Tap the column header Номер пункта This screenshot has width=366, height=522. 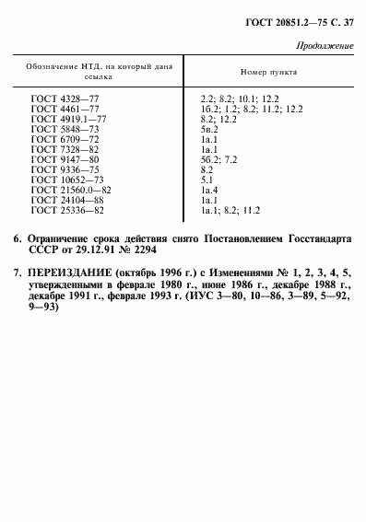(x=265, y=71)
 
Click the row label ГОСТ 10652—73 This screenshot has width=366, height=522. (x=65, y=180)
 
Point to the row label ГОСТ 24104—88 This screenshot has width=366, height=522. (x=65, y=201)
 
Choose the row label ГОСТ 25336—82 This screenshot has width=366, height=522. (x=65, y=211)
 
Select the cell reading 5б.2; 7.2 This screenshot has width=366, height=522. (x=218, y=159)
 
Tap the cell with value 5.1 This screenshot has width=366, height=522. (x=207, y=180)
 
